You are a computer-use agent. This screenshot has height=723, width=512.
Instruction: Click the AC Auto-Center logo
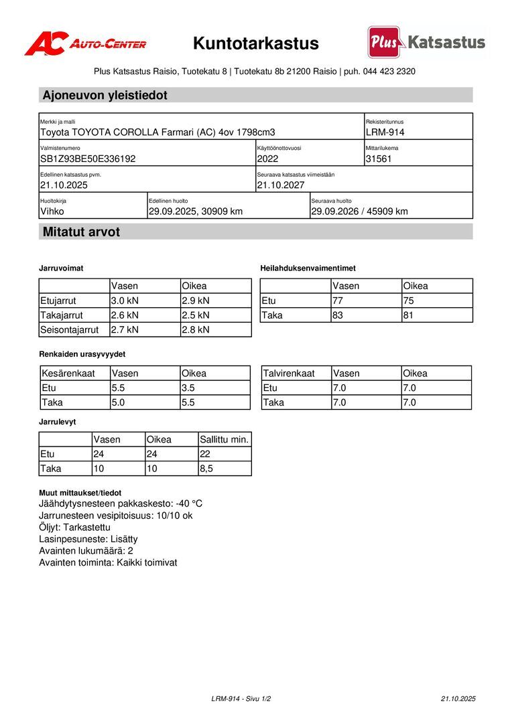[85, 44]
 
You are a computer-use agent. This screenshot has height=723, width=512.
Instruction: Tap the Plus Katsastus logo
[426, 43]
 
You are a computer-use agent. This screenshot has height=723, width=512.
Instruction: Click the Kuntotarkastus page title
[256, 44]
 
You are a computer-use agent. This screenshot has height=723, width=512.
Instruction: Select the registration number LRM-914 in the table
[385, 133]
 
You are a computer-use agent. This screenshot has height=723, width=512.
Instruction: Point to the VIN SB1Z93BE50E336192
[88, 159]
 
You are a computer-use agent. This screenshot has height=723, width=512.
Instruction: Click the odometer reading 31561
[379, 159]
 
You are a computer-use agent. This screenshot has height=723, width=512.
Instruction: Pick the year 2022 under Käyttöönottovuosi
[267, 159]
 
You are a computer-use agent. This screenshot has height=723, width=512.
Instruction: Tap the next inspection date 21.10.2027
[281, 185]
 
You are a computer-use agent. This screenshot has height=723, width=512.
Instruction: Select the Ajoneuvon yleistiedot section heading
[105, 95]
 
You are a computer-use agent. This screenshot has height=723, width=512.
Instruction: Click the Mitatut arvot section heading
[81, 232]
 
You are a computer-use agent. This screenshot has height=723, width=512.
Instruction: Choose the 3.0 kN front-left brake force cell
[125, 301]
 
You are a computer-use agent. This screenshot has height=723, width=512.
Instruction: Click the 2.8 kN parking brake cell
[196, 329]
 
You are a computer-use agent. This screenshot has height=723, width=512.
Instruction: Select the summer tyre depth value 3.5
[190, 388]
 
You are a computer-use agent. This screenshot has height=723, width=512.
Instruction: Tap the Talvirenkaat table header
[289, 374]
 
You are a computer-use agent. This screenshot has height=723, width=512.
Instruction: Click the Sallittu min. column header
[225, 440]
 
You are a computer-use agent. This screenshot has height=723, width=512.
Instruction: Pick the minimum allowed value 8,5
[206, 469]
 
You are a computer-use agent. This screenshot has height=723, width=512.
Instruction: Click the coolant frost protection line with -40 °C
[121, 503]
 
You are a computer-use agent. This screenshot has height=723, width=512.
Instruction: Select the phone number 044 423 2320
[389, 72]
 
